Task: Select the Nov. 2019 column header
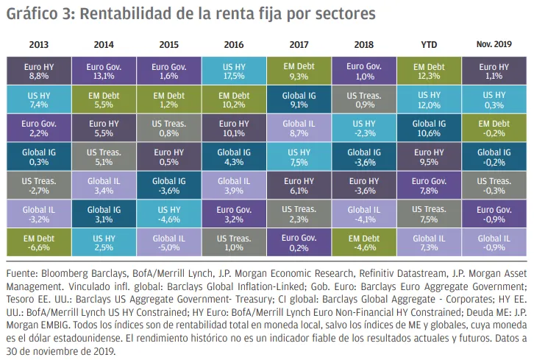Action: click(493, 44)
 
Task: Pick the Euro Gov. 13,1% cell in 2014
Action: click(102, 71)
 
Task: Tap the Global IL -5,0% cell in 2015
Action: click(168, 243)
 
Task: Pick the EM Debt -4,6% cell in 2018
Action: click(363, 243)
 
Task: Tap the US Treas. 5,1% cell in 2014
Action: click(102, 158)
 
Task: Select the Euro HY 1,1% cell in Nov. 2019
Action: click(493, 71)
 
